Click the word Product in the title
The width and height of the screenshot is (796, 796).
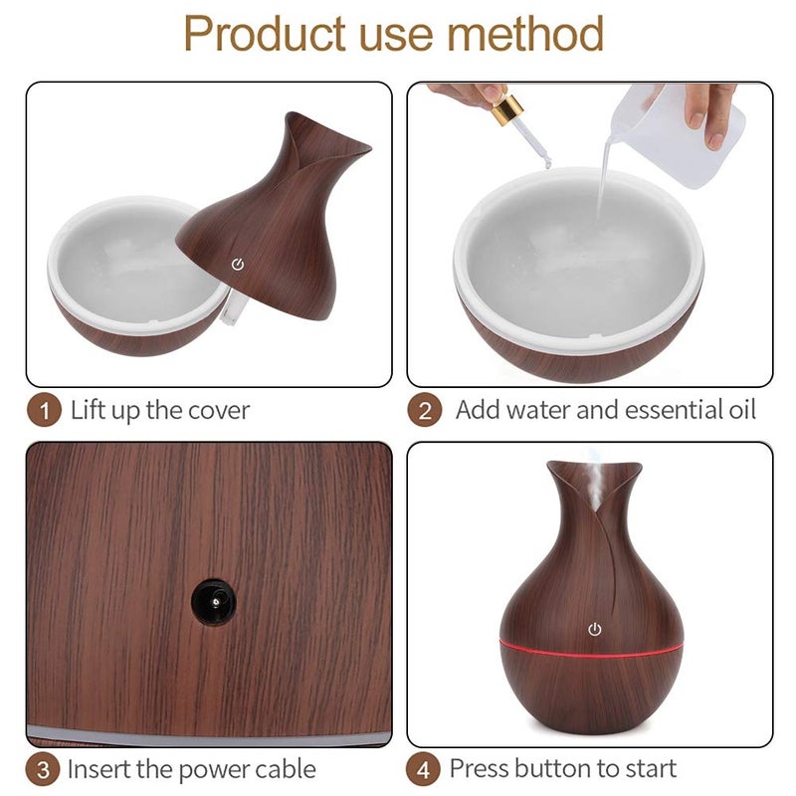[x=265, y=34]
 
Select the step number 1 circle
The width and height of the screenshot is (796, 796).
[x=44, y=411]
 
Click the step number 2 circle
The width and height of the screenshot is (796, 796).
[x=425, y=410]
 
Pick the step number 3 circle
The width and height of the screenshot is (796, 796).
[x=43, y=769]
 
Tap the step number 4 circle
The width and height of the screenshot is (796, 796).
[x=424, y=769]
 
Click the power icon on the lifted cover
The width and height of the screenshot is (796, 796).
[x=238, y=265]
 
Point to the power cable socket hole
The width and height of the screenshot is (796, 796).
[x=213, y=602]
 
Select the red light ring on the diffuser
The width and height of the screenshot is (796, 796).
[x=591, y=649]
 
